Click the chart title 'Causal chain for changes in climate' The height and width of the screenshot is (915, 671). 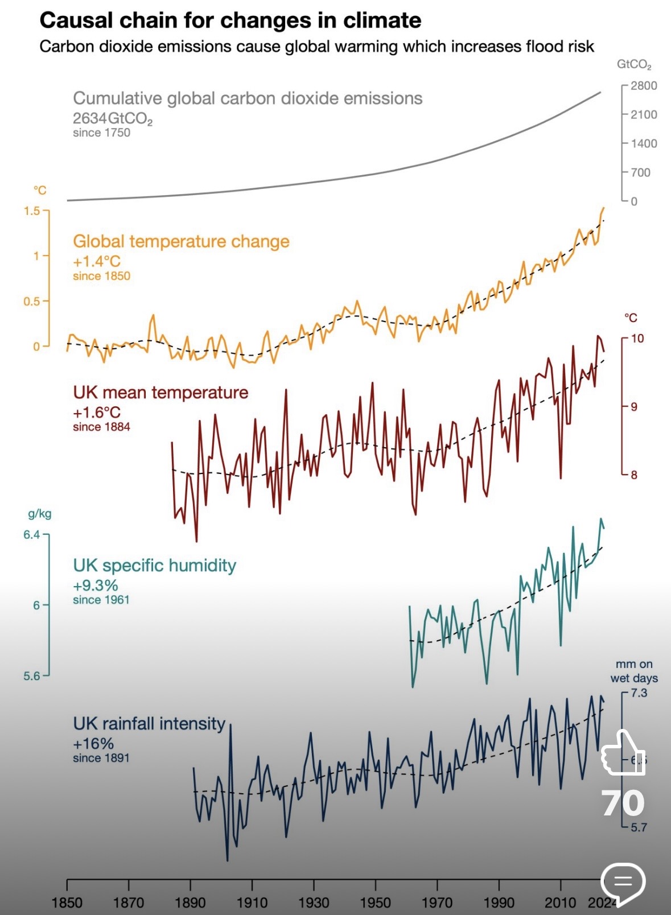click(x=230, y=20)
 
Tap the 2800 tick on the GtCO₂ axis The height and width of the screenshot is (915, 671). click(x=643, y=86)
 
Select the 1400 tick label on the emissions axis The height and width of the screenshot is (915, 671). click(x=644, y=143)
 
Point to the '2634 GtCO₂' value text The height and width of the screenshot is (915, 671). click(x=113, y=118)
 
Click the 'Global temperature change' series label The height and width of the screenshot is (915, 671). click(x=181, y=241)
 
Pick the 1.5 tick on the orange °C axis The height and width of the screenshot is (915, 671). click(x=32, y=211)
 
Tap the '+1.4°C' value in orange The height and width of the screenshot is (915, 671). click(x=97, y=261)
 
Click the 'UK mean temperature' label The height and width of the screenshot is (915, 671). click(x=160, y=392)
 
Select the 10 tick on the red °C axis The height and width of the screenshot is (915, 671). click(x=637, y=339)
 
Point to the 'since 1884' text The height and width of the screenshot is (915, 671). click(x=101, y=427)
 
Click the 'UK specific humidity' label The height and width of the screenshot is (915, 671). click(x=154, y=565)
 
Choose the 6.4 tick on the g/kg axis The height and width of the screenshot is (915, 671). click(x=32, y=535)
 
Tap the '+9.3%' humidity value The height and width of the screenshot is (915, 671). click(x=96, y=585)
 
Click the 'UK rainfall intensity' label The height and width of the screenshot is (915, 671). click(x=149, y=723)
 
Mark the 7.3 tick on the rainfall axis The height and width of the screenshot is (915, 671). click(x=639, y=693)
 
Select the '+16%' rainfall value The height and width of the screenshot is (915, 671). click(x=93, y=743)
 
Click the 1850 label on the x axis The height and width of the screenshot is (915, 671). click(x=67, y=902)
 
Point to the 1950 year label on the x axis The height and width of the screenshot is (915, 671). click(x=375, y=902)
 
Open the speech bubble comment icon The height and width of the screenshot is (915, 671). click(x=623, y=883)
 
